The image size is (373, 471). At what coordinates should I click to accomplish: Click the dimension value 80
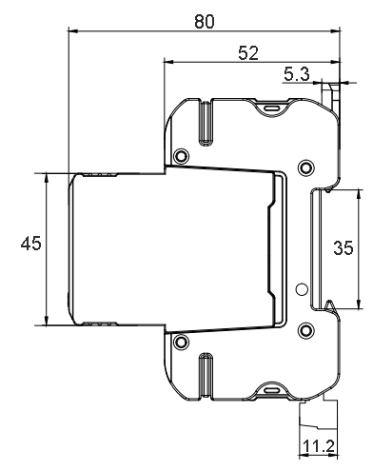tap(205, 22)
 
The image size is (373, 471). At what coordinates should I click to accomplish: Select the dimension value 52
tap(248, 53)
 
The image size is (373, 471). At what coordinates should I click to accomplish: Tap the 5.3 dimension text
tap(296, 74)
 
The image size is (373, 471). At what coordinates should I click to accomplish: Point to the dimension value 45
tap(30, 244)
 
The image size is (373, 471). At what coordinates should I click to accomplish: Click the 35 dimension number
tap(344, 247)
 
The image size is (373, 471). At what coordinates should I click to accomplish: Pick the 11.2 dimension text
tap(319, 446)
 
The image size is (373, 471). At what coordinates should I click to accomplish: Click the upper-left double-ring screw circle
tap(182, 156)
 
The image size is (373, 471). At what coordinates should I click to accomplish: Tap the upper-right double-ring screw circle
tap(306, 167)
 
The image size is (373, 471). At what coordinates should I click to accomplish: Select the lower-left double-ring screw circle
tap(182, 342)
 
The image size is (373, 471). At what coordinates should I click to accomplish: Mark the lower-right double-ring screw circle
tap(306, 330)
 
